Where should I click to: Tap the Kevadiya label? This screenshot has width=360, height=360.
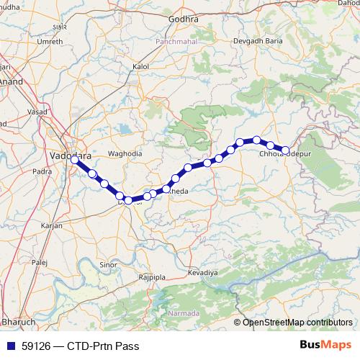[202, 274]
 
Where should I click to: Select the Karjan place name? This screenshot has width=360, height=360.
[53, 225]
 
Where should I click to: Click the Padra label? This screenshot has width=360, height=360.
[42, 171]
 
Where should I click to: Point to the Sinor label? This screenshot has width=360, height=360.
[108, 265]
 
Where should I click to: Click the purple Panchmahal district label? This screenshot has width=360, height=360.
[176, 42]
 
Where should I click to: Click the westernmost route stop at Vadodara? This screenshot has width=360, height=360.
[74, 160]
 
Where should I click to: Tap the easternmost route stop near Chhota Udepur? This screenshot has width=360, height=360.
[285, 150]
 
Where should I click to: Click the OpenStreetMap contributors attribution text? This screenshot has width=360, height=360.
[297, 322]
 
